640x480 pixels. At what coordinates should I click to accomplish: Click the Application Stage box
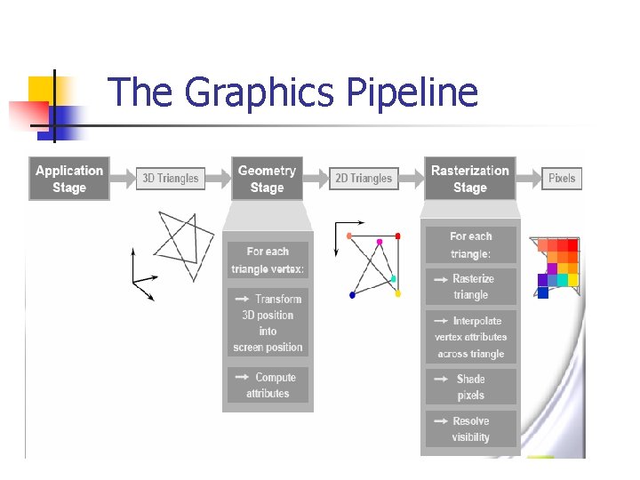tap(69, 179)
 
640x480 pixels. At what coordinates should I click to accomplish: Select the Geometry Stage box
tap(267, 179)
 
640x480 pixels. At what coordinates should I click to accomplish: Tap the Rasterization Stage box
tap(469, 179)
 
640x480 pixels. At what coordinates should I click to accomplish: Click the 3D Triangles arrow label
tap(170, 179)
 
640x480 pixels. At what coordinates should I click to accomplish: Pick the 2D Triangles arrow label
tap(363, 179)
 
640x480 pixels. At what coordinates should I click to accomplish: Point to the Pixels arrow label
tap(562, 179)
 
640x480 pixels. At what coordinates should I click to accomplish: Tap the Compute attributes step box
tap(268, 385)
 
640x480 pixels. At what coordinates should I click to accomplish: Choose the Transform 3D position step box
tap(268, 323)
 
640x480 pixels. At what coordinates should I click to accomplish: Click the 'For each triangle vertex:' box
tap(268, 260)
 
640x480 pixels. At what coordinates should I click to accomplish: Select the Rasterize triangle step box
tap(470, 286)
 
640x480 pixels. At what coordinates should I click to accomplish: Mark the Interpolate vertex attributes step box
tap(470, 337)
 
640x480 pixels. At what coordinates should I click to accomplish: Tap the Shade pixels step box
tap(470, 387)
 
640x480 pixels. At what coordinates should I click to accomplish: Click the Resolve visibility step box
tap(470, 428)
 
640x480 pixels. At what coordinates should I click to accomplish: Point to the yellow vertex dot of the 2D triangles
tap(397, 293)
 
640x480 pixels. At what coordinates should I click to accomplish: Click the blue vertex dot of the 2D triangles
tap(352, 294)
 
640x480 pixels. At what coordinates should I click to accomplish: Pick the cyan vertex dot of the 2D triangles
tap(393, 279)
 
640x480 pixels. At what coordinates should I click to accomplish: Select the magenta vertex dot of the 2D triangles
tap(380, 241)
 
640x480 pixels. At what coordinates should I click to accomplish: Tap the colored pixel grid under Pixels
tap(558, 264)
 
